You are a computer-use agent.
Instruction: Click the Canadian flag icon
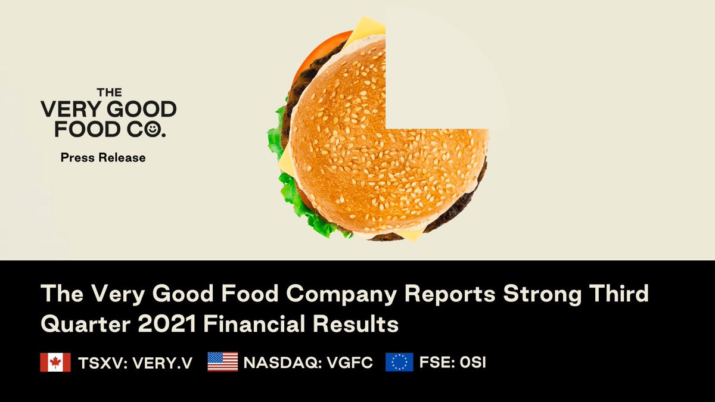(x=55, y=362)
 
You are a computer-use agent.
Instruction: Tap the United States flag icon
(x=222, y=362)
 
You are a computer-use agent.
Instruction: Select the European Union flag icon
(x=399, y=362)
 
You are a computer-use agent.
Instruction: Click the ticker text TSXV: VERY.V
(x=135, y=363)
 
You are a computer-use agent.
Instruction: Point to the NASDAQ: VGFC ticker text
(x=308, y=363)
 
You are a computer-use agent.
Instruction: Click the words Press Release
(x=103, y=158)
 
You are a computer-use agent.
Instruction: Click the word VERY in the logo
(x=69, y=110)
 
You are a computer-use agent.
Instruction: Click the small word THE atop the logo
(x=109, y=92)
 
